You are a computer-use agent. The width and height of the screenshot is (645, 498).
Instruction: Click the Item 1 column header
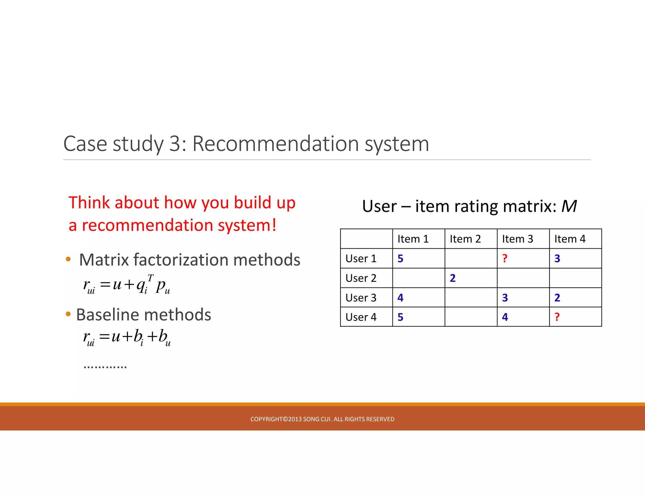(x=413, y=239)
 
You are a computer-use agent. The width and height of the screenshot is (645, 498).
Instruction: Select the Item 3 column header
(x=517, y=239)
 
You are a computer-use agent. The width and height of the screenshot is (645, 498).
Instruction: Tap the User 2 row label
(x=361, y=278)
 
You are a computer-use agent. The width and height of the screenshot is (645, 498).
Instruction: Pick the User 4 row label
(x=361, y=317)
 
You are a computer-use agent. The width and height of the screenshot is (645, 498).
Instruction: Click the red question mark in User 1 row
(x=505, y=258)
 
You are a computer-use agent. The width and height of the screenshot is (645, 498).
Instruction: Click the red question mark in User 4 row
(x=557, y=317)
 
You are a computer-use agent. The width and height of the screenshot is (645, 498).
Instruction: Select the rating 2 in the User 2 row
(x=453, y=278)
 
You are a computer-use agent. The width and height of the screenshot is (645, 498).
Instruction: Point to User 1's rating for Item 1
(x=400, y=258)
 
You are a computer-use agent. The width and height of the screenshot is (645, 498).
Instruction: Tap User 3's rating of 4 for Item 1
(x=400, y=297)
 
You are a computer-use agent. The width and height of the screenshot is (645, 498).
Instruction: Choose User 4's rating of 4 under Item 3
(x=505, y=317)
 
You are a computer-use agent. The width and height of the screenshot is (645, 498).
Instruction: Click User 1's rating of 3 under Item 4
(x=557, y=258)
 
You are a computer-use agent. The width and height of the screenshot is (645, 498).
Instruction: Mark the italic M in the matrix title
(x=569, y=207)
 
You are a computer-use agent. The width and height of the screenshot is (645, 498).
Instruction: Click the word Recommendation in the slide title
(x=276, y=144)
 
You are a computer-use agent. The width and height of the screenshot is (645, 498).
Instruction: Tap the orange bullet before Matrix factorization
(x=68, y=259)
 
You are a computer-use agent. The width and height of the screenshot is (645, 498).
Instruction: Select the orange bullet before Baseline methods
(x=68, y=314)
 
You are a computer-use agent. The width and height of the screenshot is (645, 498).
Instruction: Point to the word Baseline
(x=106, y=314)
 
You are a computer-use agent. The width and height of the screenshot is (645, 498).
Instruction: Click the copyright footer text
(x=322, y=419)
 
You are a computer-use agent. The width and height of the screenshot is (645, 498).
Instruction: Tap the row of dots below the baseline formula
(x=105, y=367)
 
